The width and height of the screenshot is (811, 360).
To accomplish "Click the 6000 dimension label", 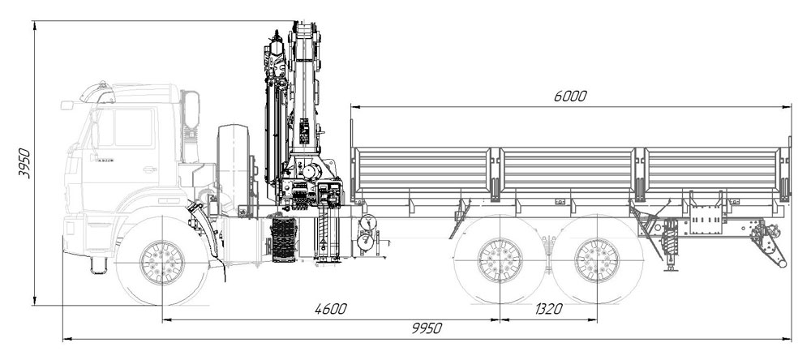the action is tap(569, 96).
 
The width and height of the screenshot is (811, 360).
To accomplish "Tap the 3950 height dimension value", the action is tap(24, 163).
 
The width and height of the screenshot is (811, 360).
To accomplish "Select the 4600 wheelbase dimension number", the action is tap(331, 309).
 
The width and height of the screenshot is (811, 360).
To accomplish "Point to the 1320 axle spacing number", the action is tap(548, 309).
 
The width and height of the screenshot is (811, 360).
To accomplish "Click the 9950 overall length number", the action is tap(427, 328).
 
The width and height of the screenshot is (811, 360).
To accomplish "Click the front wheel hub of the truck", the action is tap(162, 262).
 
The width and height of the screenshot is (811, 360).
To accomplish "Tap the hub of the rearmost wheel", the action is tap(597, 260).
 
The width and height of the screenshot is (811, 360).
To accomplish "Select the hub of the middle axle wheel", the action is tap(500, 260).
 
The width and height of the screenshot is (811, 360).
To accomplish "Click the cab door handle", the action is tap(150, 169).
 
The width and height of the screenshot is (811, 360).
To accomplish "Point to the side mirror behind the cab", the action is tap(192, 109).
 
